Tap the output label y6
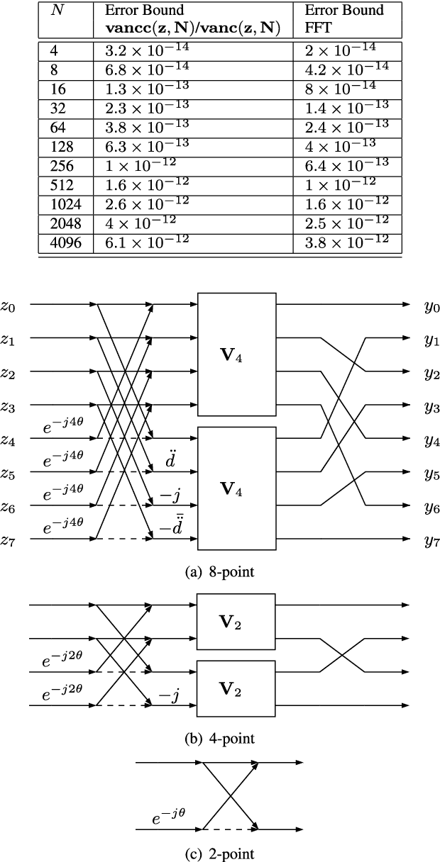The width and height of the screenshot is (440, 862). [431, 508]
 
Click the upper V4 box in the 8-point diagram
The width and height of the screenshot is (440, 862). [236, 356]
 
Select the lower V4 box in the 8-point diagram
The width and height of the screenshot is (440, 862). [236, 489]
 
